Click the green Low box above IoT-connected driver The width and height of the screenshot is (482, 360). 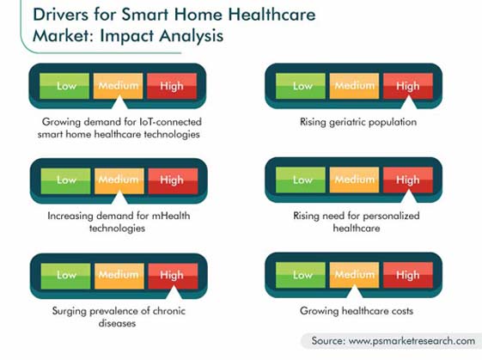coord(64,86)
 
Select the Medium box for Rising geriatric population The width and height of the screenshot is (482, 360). coord(354,86)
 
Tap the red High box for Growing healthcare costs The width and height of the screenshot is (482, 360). coord(408,275)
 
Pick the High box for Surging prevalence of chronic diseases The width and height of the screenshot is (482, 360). coord(173,276)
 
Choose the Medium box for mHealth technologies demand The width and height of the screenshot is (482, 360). coord(119,181)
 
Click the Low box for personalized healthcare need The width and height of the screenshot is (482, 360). coord(301,180)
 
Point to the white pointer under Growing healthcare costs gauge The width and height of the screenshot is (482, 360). coord(355,291)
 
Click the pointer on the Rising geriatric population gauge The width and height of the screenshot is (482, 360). coord(409,102)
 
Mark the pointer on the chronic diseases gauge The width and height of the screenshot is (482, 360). coord(174,292)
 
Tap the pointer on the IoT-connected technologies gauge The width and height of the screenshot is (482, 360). coord(119,102)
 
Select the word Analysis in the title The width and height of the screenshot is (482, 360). coord(192,36)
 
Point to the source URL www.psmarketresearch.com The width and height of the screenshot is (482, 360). coord(412,341)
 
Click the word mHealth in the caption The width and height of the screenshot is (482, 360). coord(171,216)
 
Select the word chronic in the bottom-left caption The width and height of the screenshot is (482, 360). coord(169,311)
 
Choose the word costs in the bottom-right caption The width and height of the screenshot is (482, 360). coord(402,311)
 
